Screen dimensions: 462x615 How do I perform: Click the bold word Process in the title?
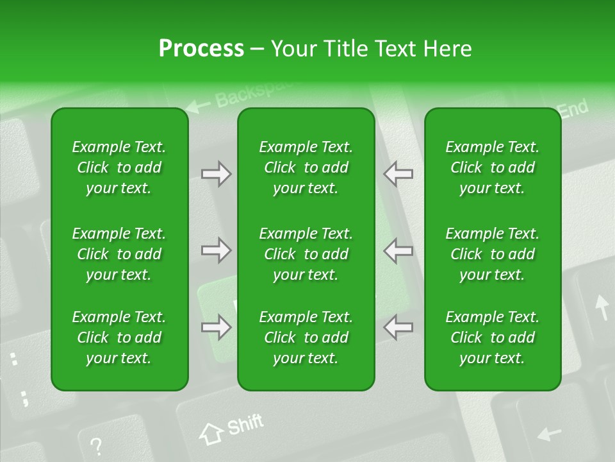pyautogui.click(x=201, y=49)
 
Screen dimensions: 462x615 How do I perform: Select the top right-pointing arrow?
pyautogui.click(x=216, y=174)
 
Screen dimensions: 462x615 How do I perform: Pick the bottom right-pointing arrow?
pyautogui.click(x=216, y=328)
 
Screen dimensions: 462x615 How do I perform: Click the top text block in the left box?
pyautogui.click(x=119, y=167)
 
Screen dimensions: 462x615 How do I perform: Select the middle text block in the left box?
pyautogui.click(x=119, y=254)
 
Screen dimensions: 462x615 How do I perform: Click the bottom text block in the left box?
pyautogui.click(x=119, y=338)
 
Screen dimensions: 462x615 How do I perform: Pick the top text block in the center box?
pyautogui.click(x=306, y=167)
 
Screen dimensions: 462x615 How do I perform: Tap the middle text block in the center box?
pyautogui.click(x=306, y=254)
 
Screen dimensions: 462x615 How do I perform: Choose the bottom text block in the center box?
pyautogui.click(x=306, y=338)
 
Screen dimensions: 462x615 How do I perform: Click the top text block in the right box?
pyautogui.click(x=492, y=167)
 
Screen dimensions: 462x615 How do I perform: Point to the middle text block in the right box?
pyautogui.click(x=492, y=254)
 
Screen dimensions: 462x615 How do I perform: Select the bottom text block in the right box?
pyautogui.click(x=492, y=338)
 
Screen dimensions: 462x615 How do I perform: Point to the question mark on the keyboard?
pyautogui.click(x=96, y=445)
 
